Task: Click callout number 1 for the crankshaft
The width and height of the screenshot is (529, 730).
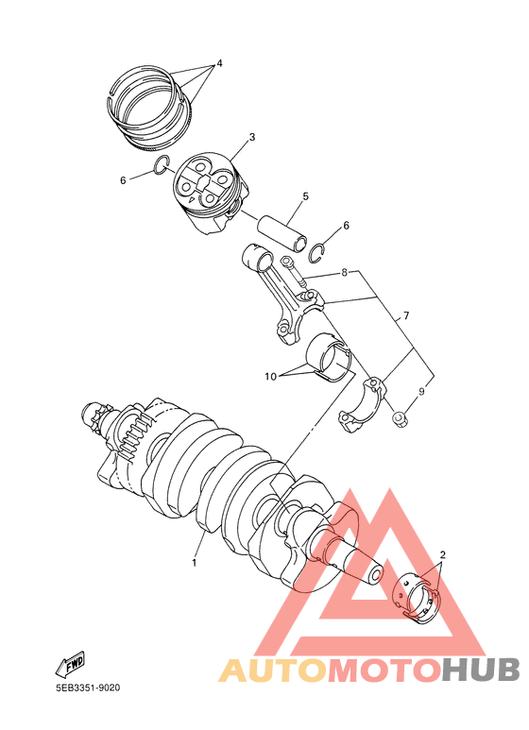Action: point(194,563)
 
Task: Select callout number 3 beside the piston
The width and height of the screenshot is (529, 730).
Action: point(252,138)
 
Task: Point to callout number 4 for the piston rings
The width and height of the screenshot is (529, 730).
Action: point(219,63)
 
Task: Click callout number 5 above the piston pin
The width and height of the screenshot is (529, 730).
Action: point(305,196)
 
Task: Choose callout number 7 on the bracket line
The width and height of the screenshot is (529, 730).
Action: point(407,316)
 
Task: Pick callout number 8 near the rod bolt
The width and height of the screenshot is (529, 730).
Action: point(344,272)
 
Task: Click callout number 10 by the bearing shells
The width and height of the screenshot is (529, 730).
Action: point(270,376)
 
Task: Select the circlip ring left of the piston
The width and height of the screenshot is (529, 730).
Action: point(162,168)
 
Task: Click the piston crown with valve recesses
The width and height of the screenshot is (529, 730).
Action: point(205,179)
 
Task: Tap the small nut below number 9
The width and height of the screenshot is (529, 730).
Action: point(401,417)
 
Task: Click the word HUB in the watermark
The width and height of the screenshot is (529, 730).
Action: point(479,670)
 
